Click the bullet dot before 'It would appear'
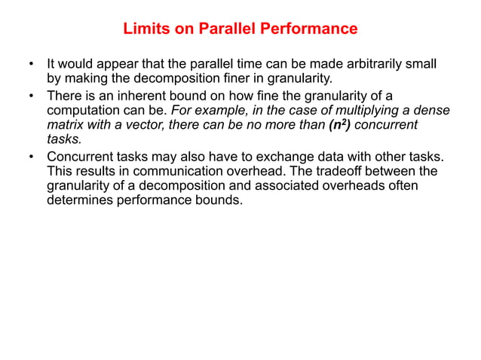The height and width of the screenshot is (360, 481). (31, 63)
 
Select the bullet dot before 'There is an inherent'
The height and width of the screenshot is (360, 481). (31, 96)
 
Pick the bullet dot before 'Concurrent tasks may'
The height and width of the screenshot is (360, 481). (31, 157)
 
